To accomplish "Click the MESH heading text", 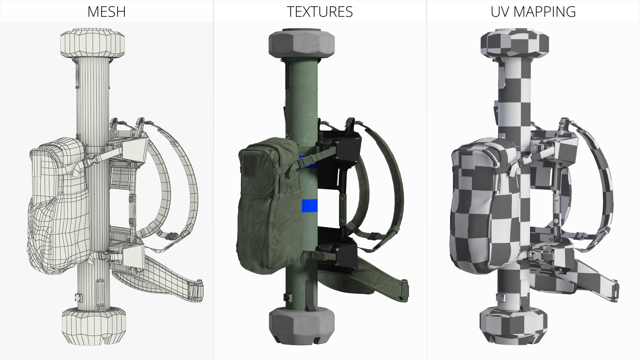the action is pyautogui.click(x=106, y=12).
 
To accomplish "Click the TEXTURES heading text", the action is pyautogui.click(x=320, y=12).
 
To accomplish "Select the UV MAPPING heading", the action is pyautogui.click(x=533, y=12).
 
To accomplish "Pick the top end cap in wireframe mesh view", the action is pyautogui.click(x=93, y=43).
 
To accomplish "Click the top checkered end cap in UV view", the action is pyautogui.click(x=514, y=43).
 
